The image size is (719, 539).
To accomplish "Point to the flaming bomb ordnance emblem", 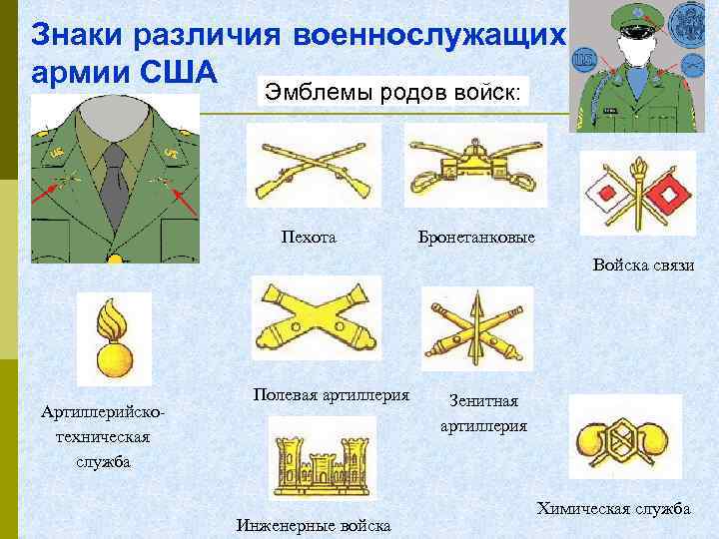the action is click(x=114, y=339).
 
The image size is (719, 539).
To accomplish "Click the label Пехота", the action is click(x=311, y=238).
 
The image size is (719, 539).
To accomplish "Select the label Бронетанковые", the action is click(x=477, y=239).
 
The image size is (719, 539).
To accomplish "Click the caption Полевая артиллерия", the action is click(x=332, y=395).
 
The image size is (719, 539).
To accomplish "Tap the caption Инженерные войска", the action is click(x=313, y=525).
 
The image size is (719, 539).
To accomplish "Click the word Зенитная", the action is click(x=483, y=401).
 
